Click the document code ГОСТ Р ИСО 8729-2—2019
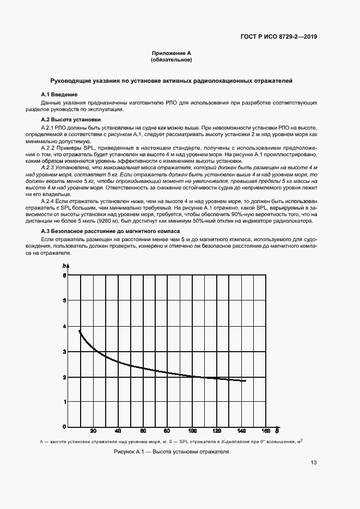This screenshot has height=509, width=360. pyautogui.click(x=278, y=37)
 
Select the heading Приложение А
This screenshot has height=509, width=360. pyautogui.click(x=171, y=53)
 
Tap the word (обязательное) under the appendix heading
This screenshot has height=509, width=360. pyautogui.click(x=171, y=60)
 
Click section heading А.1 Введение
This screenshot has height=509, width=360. pyautogui.click(x=60, y=95)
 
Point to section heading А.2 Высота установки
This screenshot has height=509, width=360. pyautogui.click(x=71, y=119)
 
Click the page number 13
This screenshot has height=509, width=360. pyautogui.click(x=314, y=463)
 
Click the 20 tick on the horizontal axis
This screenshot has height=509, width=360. pyautogui.click(x=93, y=430)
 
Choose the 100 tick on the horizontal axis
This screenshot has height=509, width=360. pyautogui.click(x=192, y=430)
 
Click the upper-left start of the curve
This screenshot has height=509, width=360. pyautogui.click(x=80, y=330)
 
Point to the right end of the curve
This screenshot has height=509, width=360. pyautogui.click(x=246, y=381)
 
